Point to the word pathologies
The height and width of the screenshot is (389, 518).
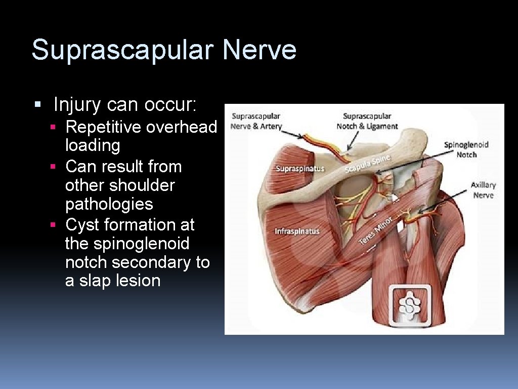109,204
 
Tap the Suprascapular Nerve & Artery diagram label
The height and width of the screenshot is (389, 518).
256,122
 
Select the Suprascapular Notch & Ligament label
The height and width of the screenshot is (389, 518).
367,122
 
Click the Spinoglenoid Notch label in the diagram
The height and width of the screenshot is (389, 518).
466,149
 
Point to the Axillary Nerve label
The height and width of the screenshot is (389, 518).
483,190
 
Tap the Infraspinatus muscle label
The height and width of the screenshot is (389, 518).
297,231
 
